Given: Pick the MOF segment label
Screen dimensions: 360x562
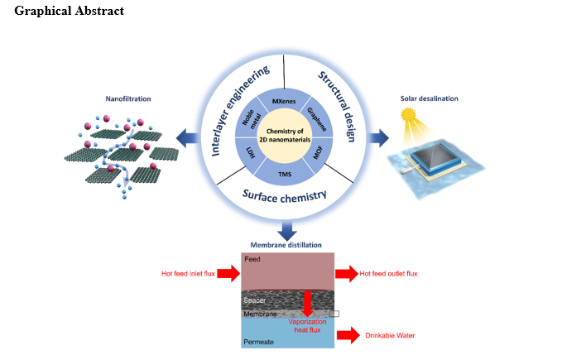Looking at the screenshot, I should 318,152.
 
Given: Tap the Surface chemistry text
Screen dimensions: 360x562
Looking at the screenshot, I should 284,195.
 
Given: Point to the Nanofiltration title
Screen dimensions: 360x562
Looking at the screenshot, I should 127,98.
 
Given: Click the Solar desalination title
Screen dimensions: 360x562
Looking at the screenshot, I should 429,98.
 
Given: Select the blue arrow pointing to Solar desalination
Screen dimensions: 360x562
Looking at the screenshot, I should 379,136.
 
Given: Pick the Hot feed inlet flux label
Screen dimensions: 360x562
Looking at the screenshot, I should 189,273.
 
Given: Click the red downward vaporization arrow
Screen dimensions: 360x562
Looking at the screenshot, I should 308,305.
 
